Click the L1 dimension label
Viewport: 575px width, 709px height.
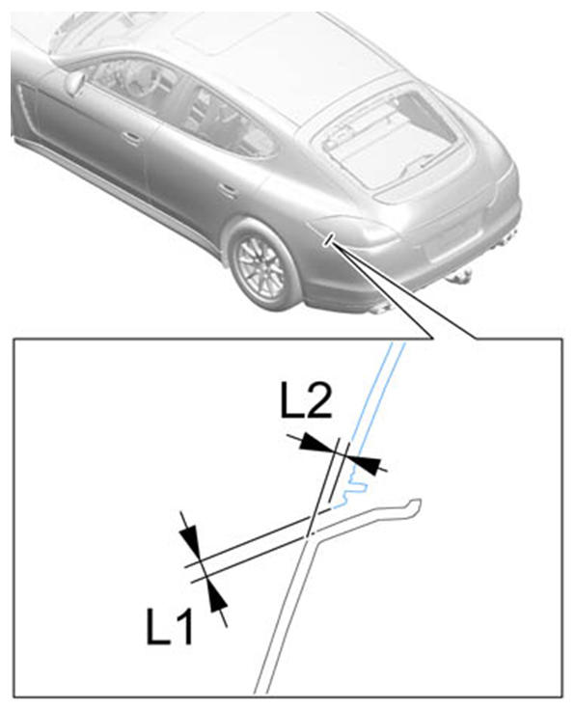click(170, 626)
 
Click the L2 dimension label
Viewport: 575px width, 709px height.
click(306, 399)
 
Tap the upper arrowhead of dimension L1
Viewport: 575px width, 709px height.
click(189, 539)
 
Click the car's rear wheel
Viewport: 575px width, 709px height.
click(262, 267)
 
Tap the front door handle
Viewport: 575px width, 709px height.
click(131, 138)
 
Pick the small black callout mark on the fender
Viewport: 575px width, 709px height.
click(329, 239)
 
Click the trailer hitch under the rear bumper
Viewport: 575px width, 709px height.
click(460, 275)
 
